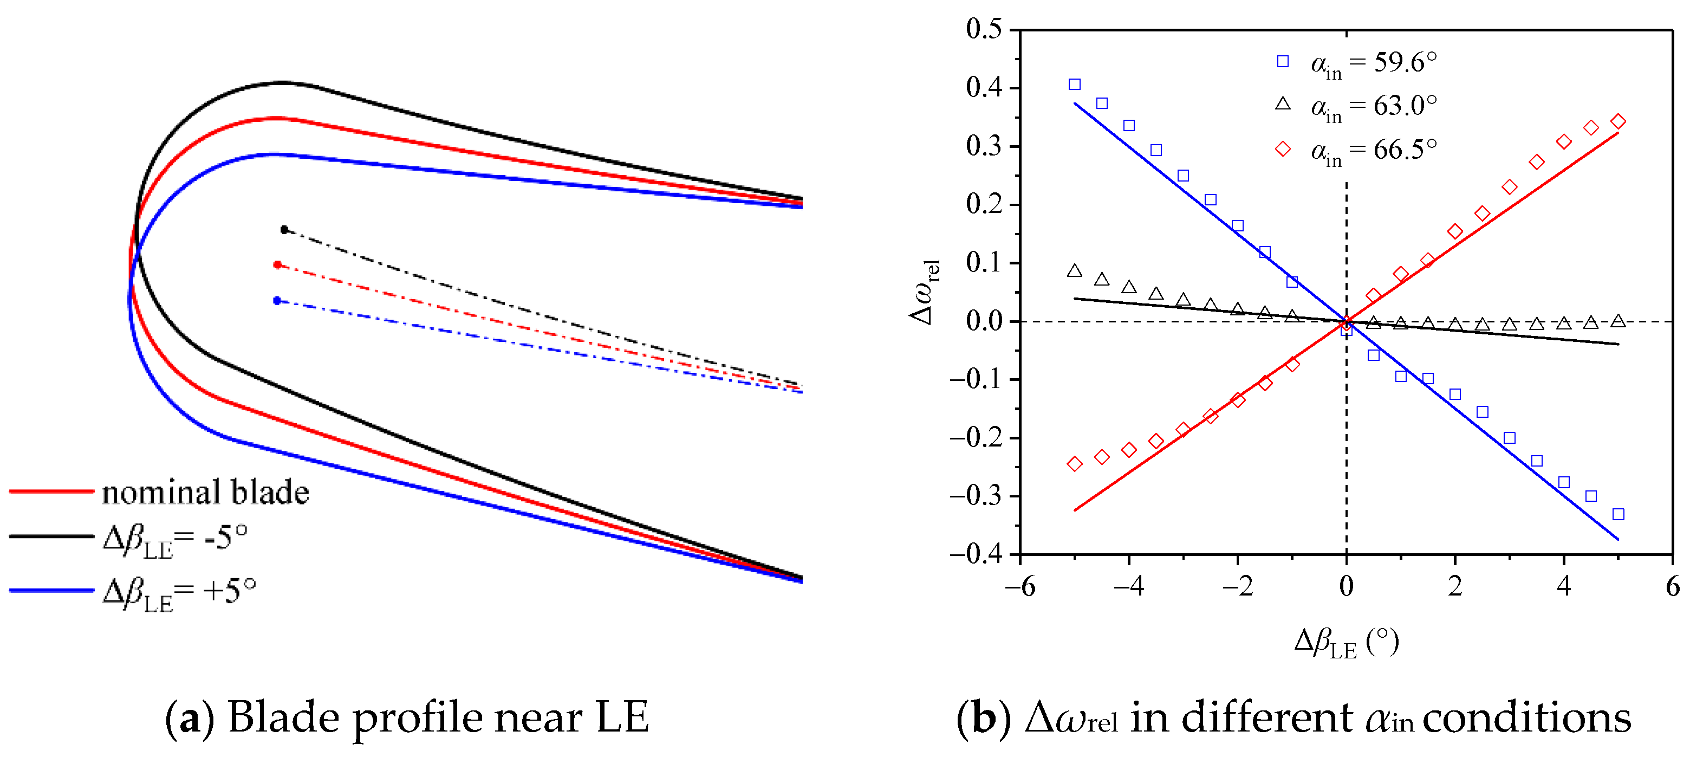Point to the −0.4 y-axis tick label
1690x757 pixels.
point(976,554)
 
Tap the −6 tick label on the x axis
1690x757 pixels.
point(1019,586)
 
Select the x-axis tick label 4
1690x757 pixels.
point(1563,586)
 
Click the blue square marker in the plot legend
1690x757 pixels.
point(1283,62)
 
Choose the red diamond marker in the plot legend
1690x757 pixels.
point(1283,149)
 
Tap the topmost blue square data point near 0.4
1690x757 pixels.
point(1075,84)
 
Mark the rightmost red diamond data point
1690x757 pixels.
point(1618,121)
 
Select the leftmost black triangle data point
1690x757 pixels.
point(1075,271)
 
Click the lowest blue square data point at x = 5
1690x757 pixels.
point(1618,514)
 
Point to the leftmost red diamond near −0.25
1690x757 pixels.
point(1075,463)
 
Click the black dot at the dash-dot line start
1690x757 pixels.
point(284,230)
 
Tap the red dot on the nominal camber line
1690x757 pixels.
point(277,264)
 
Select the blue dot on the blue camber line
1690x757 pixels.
point(277,301)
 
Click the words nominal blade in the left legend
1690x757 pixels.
point(205,493)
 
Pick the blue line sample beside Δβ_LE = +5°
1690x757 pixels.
point(51,590)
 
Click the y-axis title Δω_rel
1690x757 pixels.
point(925,292)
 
